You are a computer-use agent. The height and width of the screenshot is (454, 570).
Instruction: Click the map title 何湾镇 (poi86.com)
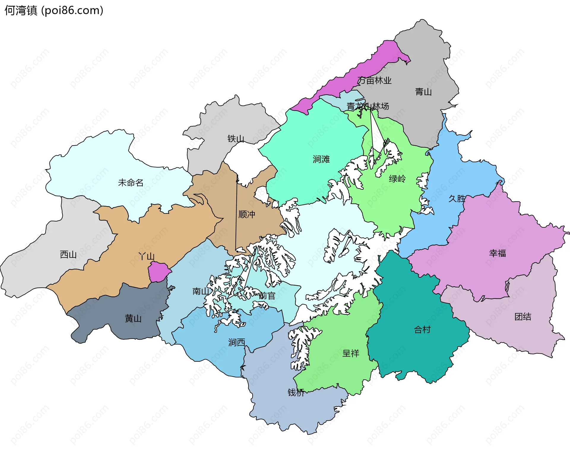54,10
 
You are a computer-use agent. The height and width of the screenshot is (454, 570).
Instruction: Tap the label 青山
423,92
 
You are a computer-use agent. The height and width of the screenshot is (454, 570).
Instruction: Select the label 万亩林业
374,80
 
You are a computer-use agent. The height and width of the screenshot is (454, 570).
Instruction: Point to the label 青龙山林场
368,106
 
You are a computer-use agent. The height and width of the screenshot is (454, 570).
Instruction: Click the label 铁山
236,139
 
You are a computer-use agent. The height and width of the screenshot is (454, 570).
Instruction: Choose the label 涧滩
321,159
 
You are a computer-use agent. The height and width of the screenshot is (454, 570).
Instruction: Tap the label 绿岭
397,179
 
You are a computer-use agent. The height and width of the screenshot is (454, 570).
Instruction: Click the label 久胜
457,199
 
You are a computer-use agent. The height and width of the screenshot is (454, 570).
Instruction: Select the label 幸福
497,253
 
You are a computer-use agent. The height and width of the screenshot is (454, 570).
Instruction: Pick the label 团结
523,317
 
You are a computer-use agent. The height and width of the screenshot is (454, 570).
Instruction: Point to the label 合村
422,329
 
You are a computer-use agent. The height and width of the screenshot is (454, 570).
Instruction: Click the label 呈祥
351,353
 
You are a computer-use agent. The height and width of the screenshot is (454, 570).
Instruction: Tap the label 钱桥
296,393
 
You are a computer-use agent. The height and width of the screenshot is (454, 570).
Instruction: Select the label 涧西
237,342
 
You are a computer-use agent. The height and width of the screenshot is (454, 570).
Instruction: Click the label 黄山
133,319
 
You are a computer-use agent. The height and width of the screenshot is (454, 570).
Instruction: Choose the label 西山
68,254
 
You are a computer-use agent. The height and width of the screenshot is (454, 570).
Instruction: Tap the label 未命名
131,183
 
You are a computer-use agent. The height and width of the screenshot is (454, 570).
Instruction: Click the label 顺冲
247,214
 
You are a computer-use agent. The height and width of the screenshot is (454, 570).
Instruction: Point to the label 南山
201,291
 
